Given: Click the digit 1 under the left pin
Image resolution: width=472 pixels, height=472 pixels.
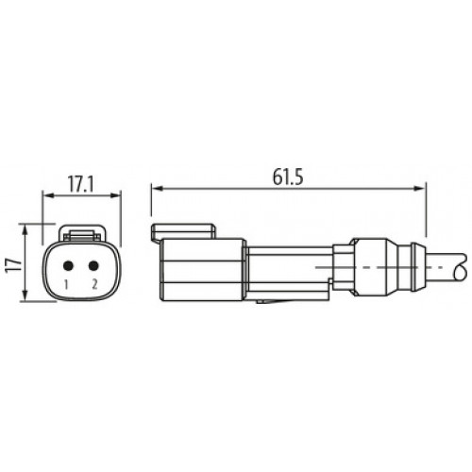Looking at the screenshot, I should [67, 283].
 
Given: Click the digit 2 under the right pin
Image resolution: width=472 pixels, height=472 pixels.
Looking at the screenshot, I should [94, 283].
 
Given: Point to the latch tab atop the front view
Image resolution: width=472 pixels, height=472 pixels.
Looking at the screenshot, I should [81, 232].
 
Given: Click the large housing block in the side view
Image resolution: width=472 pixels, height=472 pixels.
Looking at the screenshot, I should [203, 269].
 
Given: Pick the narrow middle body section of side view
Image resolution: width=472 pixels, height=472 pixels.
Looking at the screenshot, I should [288, 269].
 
